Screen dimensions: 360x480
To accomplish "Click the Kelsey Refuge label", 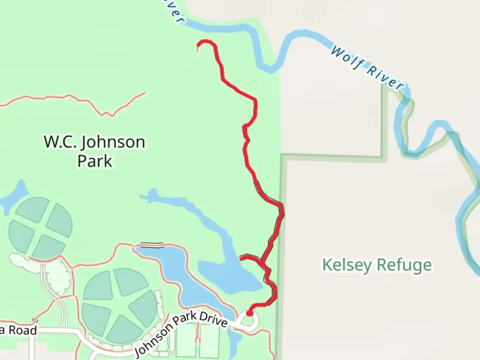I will point(377,265).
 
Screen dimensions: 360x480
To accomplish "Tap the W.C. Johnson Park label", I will point(95,151).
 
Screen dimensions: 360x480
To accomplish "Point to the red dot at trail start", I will point(249,313).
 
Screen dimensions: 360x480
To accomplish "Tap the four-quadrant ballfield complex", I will point(40,228).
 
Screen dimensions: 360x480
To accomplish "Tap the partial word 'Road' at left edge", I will point(22,331).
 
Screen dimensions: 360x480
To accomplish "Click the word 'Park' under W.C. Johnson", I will point(95,161).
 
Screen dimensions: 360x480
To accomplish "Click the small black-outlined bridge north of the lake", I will point(152,245).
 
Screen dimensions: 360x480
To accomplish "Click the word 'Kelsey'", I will point(347,265).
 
